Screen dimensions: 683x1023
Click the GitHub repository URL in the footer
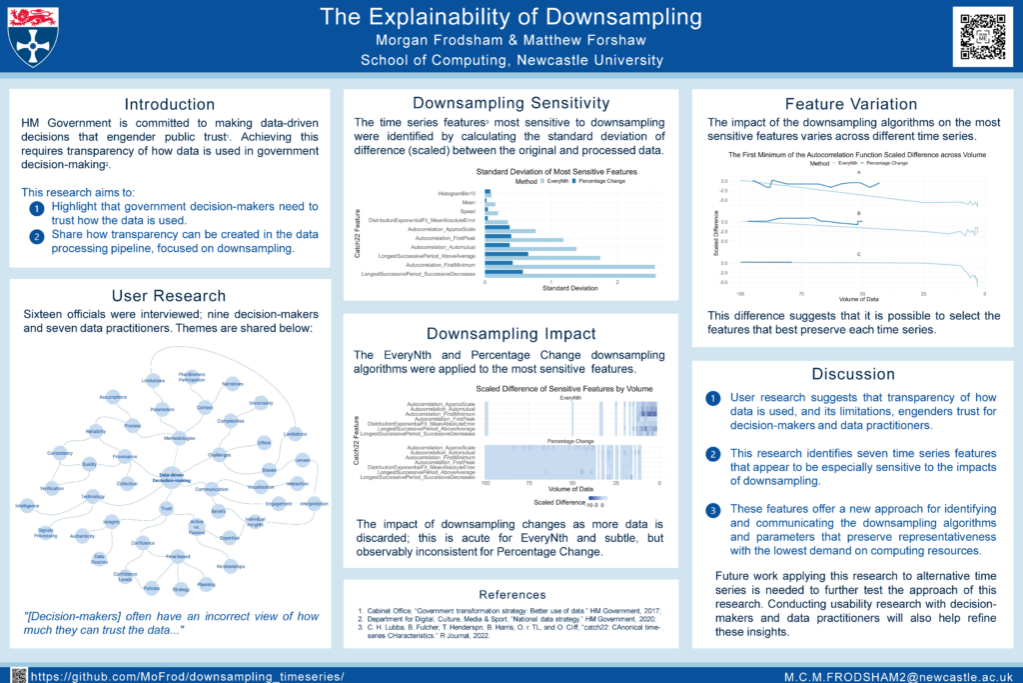coord(188,676)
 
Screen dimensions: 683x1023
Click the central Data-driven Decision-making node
coord(172,477)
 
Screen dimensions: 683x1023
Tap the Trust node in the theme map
coord(166,509)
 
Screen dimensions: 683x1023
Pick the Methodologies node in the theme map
coord(179,437)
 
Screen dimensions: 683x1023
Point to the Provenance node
coord(125,456)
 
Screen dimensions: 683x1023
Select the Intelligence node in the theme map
coord(27,506)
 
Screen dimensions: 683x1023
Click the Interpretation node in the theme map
coord(314,504)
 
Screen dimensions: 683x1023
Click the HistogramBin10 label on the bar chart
coord(460,192)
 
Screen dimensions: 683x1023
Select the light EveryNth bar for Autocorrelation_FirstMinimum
coord(569,265)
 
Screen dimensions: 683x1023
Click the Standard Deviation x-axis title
coord(569,288)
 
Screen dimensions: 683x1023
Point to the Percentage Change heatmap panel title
coord(570,440)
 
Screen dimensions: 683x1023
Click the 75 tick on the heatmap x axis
coord(528,483)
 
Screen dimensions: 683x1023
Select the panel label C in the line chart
coord(858,256)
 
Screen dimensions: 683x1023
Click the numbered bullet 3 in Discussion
coord(712,510)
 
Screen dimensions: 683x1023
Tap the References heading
coord(512,594)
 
